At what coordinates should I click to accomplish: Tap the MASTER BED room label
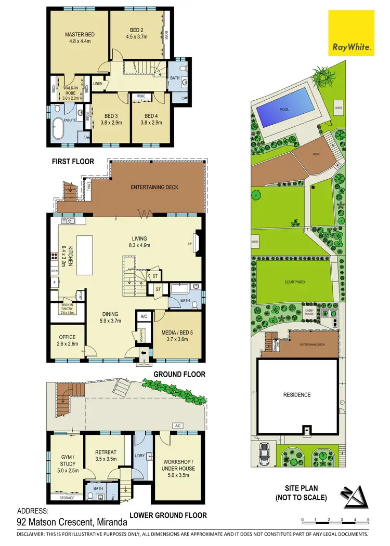(78, 35)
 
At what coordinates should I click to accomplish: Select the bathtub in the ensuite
(58, 128)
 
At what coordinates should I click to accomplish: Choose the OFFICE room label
(68, 337)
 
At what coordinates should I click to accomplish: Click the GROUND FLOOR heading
(179, 374)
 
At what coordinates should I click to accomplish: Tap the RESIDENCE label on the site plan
(297, 395)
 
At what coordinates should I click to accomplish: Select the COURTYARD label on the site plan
(294, 282)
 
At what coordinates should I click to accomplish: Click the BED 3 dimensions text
(111, 123)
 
